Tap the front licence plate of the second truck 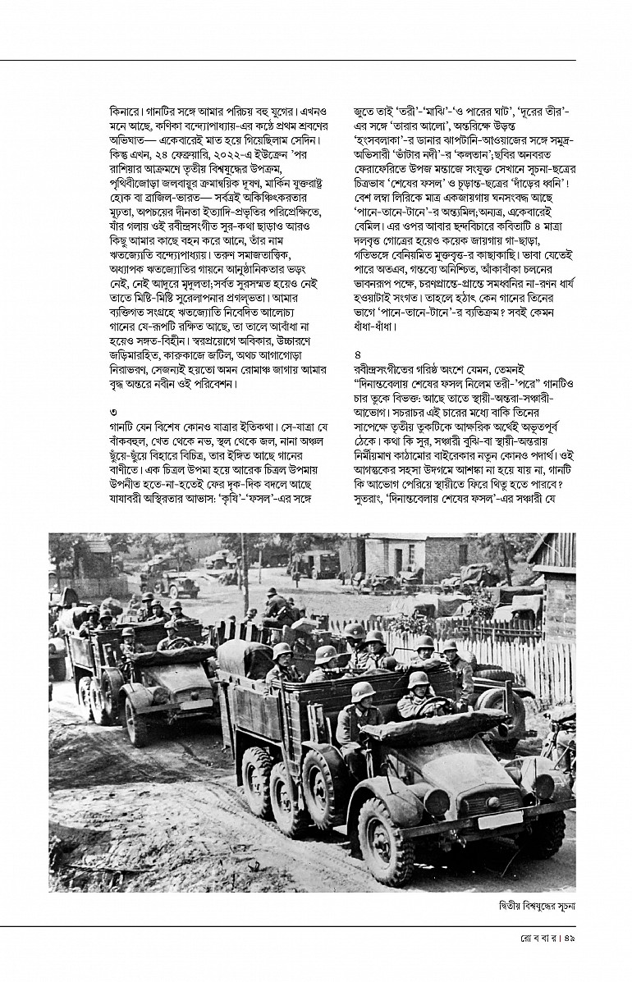(x=195, y=704)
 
